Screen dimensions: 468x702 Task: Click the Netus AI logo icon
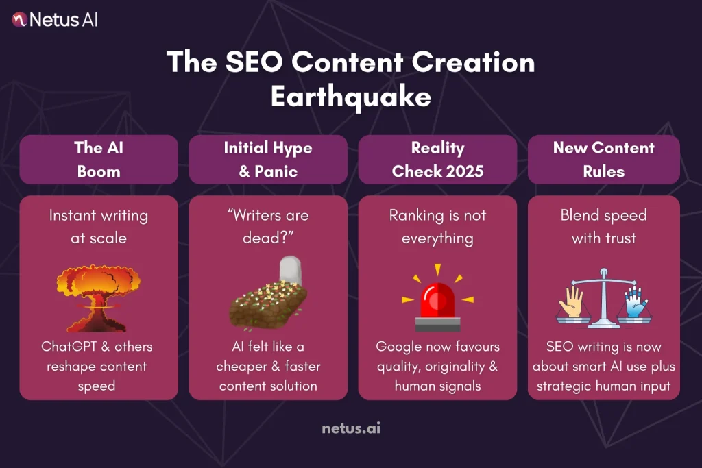point(20,19)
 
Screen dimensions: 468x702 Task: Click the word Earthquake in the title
point(350,96)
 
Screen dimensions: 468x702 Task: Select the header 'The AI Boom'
point(99,159)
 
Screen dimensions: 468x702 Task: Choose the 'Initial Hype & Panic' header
point(268,159)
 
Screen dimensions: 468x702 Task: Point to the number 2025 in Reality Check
point(460,171)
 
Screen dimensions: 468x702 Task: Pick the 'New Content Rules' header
point(604,159)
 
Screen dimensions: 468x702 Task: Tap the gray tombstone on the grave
point(290,271)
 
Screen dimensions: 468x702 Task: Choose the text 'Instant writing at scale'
point(99,226)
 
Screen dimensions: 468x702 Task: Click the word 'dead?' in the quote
point(268,238)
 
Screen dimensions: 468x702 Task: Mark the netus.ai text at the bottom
point(350,429)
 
